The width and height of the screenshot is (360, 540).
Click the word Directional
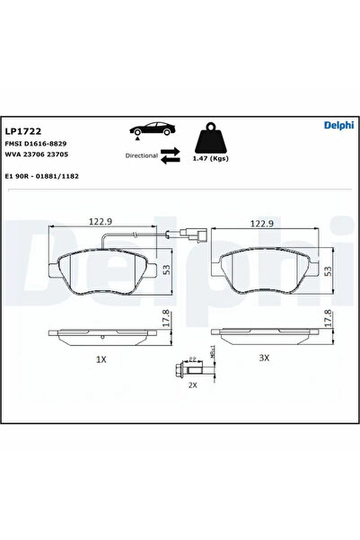[142, 155]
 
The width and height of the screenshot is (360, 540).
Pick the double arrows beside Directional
[171, 155]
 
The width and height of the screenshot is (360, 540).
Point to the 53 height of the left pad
[166, 268]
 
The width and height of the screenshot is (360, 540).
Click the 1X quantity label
[101, 359]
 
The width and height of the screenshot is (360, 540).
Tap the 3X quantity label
[264, 359]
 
